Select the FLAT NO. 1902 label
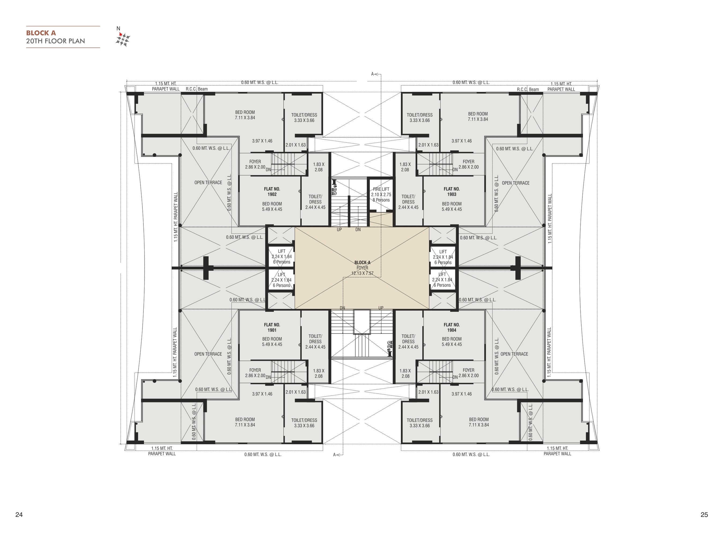tap(272, 192)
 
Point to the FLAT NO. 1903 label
tap(452, 192)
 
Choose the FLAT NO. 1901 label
tap(272, 327)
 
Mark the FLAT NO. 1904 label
tap(452, 327)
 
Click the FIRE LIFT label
tap(381, 189)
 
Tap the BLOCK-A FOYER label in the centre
tap(362, 265)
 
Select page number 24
tap(19, 514)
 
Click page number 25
tap(704, 514)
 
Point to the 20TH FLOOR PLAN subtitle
tap(56, 41)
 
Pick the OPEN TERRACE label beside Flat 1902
tap(208, 183)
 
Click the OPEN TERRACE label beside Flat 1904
tap(514, 354)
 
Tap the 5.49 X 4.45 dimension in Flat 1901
tap(272, 344)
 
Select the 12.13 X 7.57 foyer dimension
tap(362, 273)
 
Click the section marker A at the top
tap(372, 74)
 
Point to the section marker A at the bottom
tap(335, 455)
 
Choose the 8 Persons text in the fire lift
tap(381, 200)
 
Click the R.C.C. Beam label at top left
tap(197, 89)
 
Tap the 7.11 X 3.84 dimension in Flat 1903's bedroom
tap(478, 119)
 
